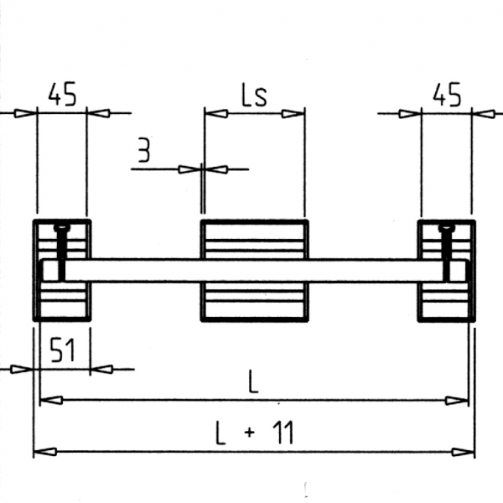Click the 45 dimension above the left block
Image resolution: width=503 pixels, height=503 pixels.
pos(61,95)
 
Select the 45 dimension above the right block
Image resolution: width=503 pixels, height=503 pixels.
pos(447,95)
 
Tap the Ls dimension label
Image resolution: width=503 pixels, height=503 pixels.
pos(253,96)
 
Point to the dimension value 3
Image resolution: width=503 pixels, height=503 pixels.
pos(144,151)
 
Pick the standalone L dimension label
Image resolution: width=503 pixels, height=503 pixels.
pos(253,382)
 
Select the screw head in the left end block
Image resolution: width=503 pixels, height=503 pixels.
pos(60,227)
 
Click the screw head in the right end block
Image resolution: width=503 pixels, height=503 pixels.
pos(446,227)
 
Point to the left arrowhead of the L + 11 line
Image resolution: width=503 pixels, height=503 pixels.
pos(44,452)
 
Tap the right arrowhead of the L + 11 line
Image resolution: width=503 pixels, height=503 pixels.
pos(464,452)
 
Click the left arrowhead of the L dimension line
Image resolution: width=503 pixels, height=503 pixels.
pos(51,401)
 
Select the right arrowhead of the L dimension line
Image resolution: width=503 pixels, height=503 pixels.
pos(458,401)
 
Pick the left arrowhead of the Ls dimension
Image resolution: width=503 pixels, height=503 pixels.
pos(215,113)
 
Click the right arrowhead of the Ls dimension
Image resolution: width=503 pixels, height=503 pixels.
pos(294,113)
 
